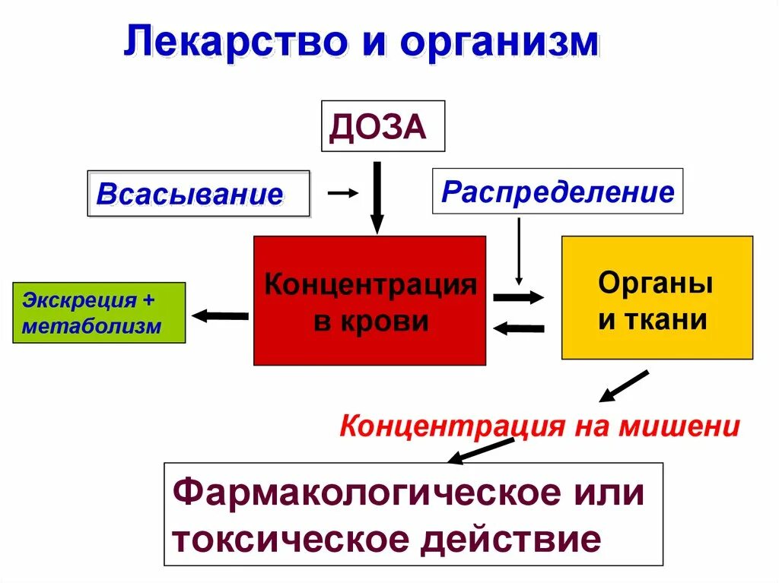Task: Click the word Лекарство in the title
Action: click(227, 43)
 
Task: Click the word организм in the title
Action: click(500, 43)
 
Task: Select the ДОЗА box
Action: click(383, 126)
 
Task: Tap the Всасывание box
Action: click(199, 194)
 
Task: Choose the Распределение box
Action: click(558, 191)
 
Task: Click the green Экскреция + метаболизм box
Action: click(99, 312)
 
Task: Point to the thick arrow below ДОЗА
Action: click(377, 197)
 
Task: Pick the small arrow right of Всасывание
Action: click(342, 193)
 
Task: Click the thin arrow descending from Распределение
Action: click(519, 251)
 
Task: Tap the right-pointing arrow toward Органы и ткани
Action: click(519, 297)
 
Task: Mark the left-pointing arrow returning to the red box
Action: click(519, 328)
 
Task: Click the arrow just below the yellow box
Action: click(624, 386)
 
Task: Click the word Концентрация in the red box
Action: click(370, 286)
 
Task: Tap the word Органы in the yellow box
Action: click(656, 284)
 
